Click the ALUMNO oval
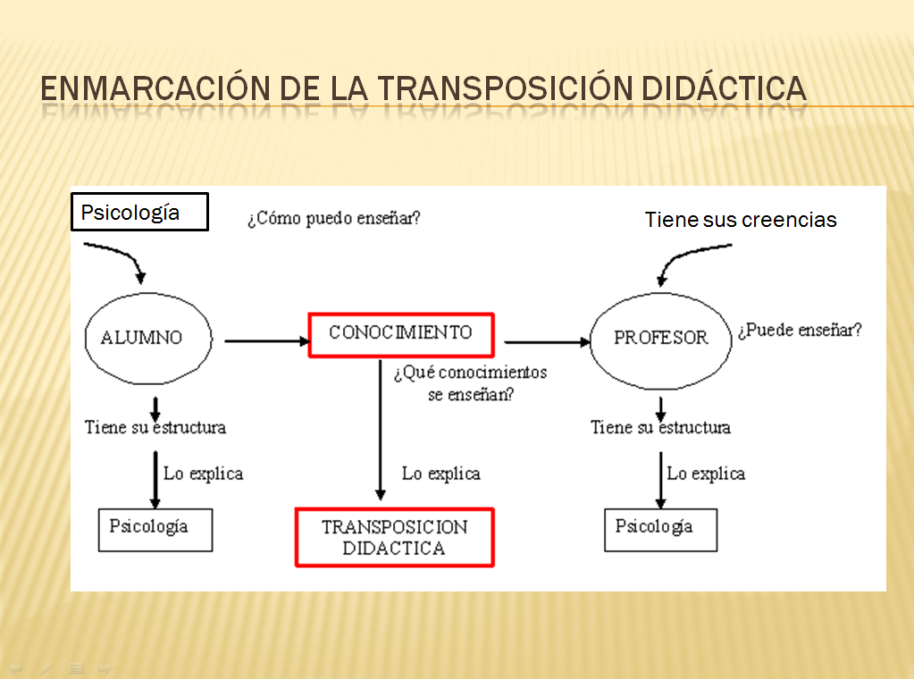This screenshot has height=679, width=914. (x=148, y=338)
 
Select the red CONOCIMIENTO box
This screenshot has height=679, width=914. (x=400, y=334)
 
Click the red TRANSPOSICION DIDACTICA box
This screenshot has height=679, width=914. (x=394, y=537)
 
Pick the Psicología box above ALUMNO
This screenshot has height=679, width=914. (x=139, y=213)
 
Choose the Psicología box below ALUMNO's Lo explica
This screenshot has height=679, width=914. (x=155, y=529)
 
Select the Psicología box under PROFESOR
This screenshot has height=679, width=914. (x=660, y=529)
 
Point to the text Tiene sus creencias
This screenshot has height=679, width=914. (x=741, y=220)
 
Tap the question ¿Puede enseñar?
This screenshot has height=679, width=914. (x=800, y=330)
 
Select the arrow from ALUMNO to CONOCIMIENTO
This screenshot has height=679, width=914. (x=265, y=340)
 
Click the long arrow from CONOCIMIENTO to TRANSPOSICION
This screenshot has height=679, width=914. (x=381, y=429)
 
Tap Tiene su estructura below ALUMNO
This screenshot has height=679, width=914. (x=155, y=427)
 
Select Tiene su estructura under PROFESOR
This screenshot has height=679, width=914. (x=660, y=427)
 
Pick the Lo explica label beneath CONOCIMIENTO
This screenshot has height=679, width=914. (x=440, y=474)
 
